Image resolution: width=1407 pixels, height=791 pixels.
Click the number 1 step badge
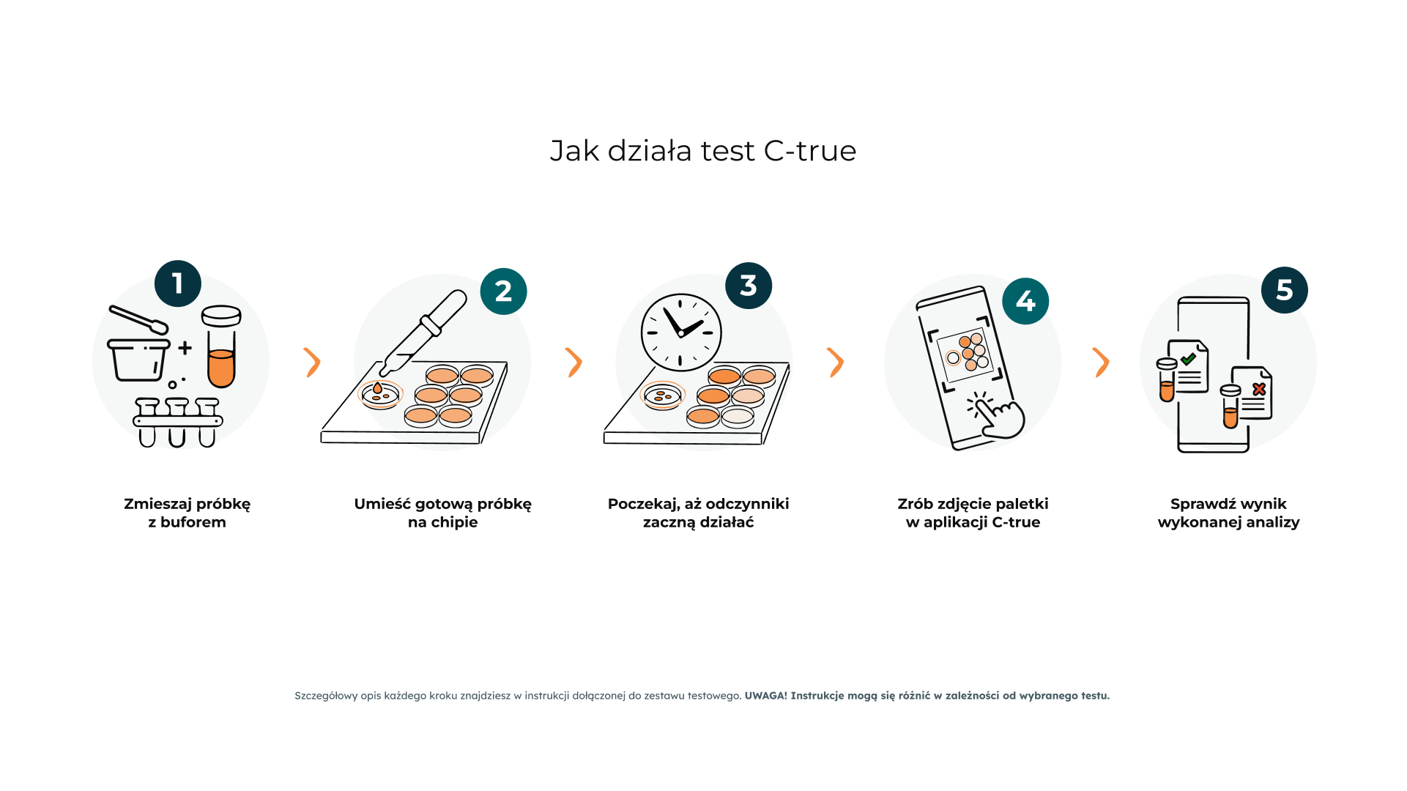point(178,283)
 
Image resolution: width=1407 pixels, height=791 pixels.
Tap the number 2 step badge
point(504,291)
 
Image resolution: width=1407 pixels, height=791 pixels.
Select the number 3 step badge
point(749,286)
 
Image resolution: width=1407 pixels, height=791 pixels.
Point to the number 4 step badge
point(1025,301)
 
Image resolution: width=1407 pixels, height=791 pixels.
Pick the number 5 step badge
point(1285,290)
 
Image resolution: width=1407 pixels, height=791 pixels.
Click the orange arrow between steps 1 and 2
point(313,363)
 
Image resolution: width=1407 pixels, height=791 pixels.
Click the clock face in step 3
point(681,333)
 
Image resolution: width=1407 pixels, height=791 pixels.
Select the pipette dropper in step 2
point(423,333)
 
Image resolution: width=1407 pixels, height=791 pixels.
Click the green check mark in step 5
point(1188,359)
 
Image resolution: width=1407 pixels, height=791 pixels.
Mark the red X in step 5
point(1259,389)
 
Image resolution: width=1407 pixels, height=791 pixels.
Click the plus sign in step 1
point(185,348)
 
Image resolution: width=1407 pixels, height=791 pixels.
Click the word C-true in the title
point(810,151)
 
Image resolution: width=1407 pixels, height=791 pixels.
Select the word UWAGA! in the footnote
point(766,696)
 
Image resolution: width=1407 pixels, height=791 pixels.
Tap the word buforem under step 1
point(193,522)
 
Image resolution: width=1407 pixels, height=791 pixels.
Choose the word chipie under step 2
point(453,523)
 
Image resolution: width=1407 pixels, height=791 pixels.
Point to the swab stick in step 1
point(138,319)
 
